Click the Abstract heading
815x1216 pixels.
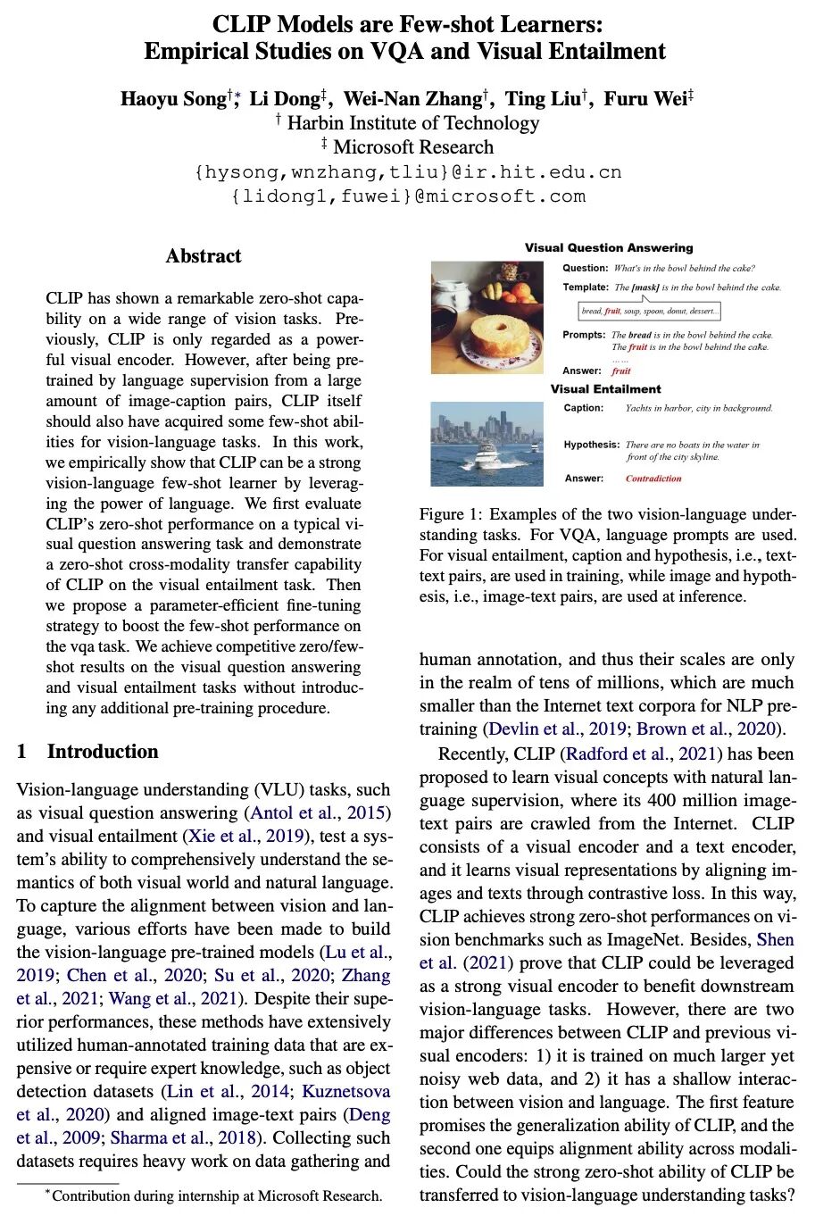(204, 256)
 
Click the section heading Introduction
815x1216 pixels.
(102, 752)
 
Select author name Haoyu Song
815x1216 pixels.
(173, 98)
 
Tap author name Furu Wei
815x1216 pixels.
(645, 98)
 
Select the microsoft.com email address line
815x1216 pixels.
(407, 196)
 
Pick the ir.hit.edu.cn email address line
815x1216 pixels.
(407, 171)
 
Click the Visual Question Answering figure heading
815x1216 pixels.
(609, 247)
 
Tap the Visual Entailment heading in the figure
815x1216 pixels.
(605, 389)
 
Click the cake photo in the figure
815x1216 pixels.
(487, 317)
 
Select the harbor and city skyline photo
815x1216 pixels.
(487, 444)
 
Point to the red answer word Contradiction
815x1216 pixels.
(653, 479)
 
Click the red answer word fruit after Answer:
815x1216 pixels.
(621, 371)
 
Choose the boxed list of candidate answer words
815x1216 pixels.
(649, 312)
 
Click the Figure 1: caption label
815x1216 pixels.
(451, 514)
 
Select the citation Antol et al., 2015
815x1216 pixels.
(320, 813)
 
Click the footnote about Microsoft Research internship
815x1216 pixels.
(214, 1196)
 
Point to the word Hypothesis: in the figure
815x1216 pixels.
(591, 445)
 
